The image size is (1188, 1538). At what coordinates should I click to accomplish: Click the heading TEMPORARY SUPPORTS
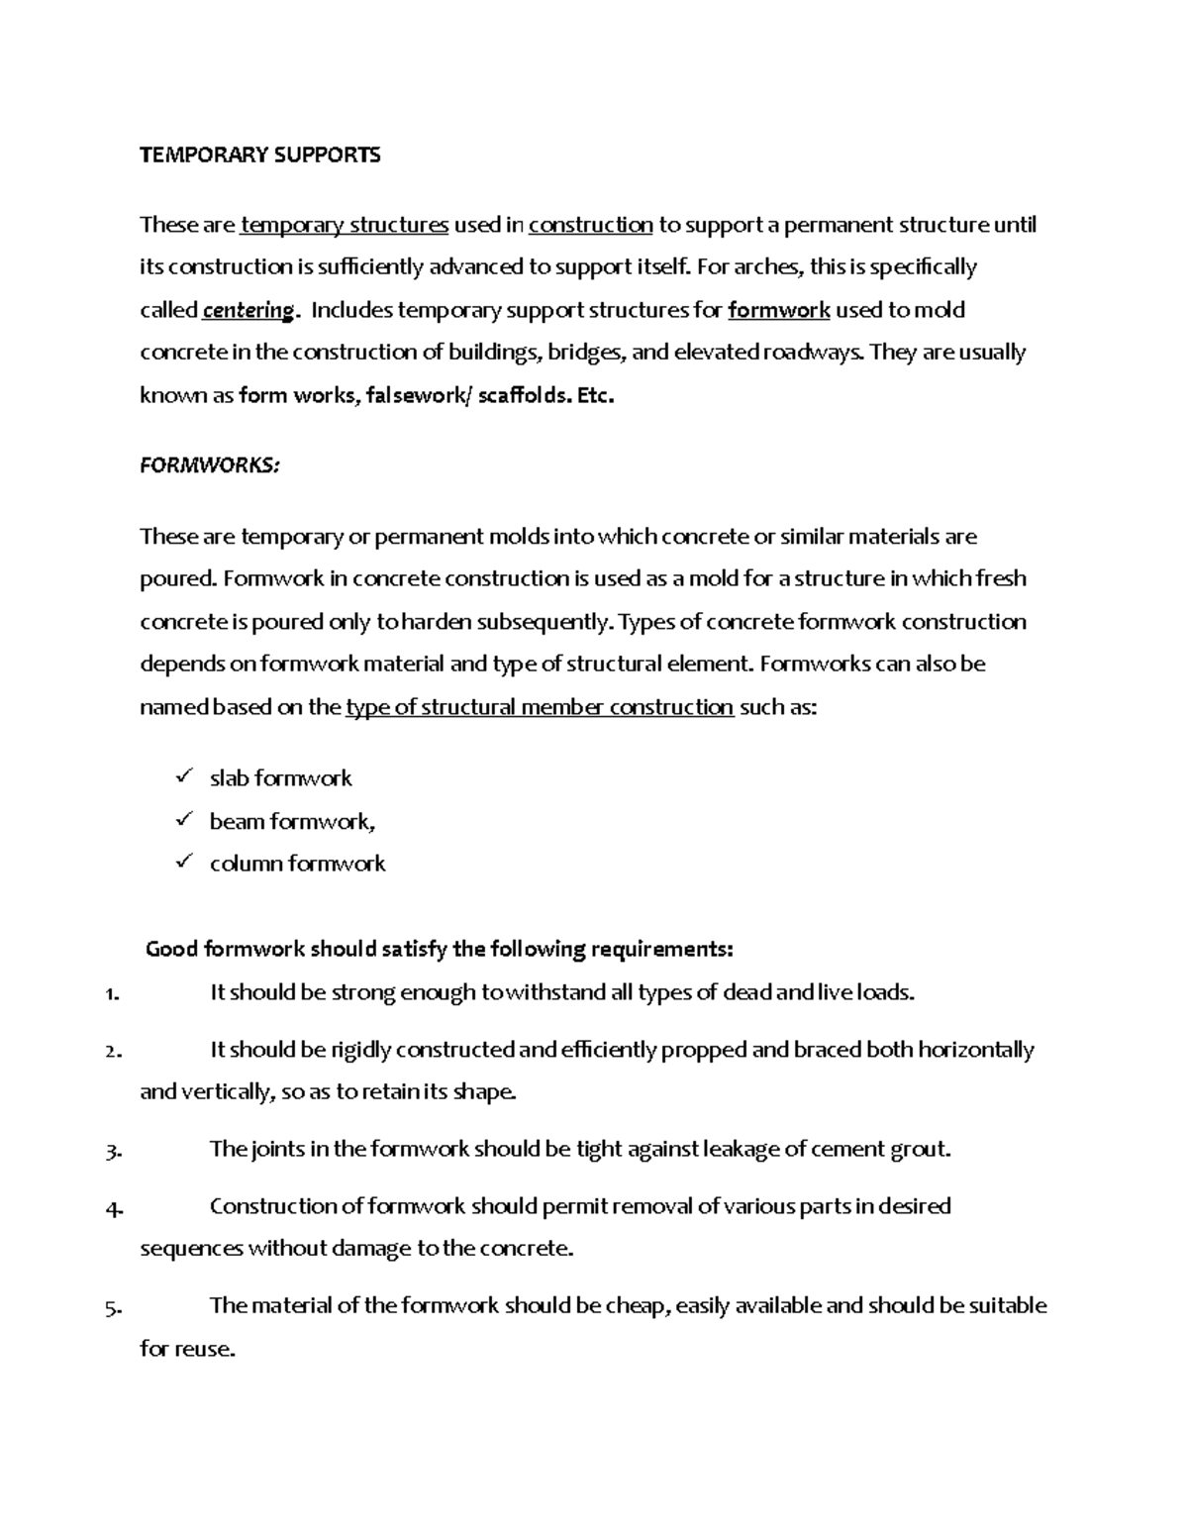pyautogui.click(x=259, y=154)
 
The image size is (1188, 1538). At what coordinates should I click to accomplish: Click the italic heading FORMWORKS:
pyautogui.click(x=210, y=465)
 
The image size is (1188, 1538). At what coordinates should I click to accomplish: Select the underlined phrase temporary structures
pyautogui.click(x=345, y=225)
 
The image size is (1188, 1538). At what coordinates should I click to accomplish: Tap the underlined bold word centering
pyautogui.click(x=247, y=311)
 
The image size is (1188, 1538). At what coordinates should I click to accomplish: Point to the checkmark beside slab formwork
pyautogui.click(x=182, y=777)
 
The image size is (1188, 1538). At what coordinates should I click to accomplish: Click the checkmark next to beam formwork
pyautogui.click(x=182, y=820)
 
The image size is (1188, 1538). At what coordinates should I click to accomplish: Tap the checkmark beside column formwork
pyautogui.click(x=182, y=863)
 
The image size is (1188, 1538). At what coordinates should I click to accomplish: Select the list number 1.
pyautogui.click(x=111, y=994)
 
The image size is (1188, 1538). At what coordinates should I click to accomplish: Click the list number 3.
pyautogui.click(x=112, y=1151)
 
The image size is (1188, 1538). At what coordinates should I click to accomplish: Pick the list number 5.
pyautogui.click(x=112, y=1307)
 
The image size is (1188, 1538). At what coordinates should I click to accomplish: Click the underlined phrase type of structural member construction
pyautogui.click(x=540, y=707)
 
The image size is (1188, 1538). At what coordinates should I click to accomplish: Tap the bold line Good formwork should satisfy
pyautogui.click(x=439, y=949)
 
